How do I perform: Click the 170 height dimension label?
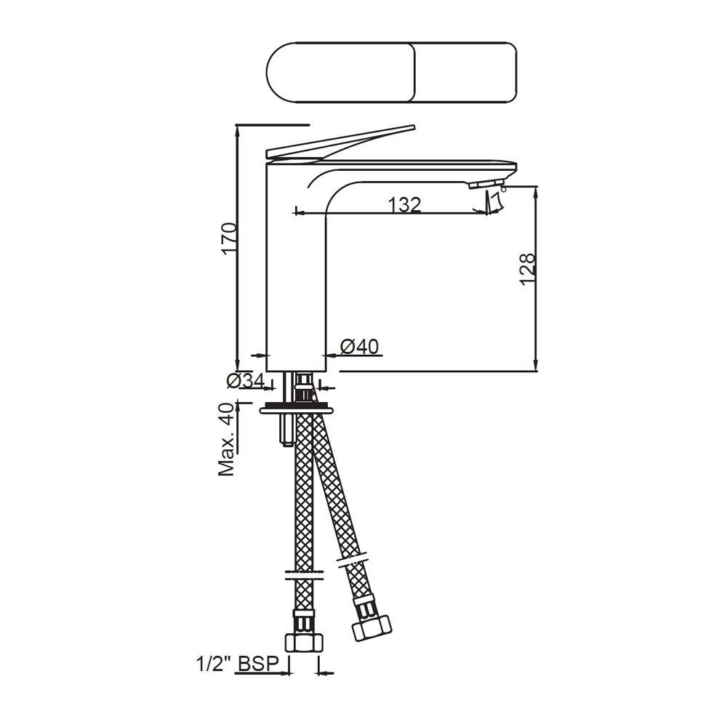click(x=229, y=238)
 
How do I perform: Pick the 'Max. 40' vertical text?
click(x=228, y=439)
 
